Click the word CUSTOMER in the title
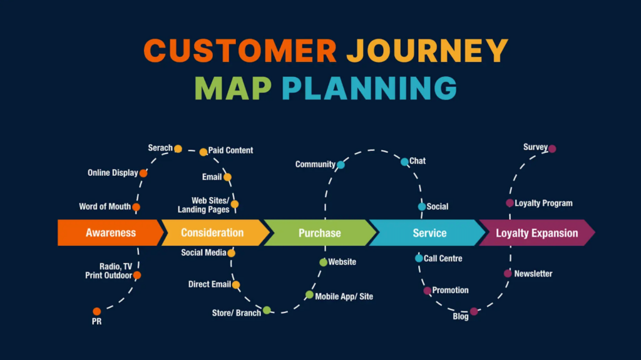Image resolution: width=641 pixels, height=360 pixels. [x=240, y=50]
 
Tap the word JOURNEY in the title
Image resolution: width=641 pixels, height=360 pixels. [x=427, y=50]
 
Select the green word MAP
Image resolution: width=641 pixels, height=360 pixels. [x=233, y=88]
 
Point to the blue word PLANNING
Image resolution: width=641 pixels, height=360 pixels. [x=369, y=88]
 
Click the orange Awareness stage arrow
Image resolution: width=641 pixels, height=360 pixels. [x=110, y=233]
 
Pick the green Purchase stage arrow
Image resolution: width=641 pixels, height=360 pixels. [x=320, y=233]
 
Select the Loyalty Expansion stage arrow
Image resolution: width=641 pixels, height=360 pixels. [x=536, y=233]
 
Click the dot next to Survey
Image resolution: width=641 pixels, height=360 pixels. [x=552, y=148]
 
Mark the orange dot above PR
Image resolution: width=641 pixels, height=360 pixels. [x=97, y=311]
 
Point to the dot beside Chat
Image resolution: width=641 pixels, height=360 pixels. [x=404, y=162]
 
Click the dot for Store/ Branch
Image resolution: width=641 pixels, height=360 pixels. [x=267, y=310]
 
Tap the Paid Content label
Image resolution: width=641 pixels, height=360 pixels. [x=230, y=150]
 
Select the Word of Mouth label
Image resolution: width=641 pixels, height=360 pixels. [x=105, y=207]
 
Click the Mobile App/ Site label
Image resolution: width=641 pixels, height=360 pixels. [x=344, y=297]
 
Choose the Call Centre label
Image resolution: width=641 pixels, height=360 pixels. [x=443, y=259]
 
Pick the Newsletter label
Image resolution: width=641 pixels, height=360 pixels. [x=533, y=274]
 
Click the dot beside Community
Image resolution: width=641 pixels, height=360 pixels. [x=341, y=165]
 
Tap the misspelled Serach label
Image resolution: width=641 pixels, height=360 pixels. [x=160, y=148]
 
